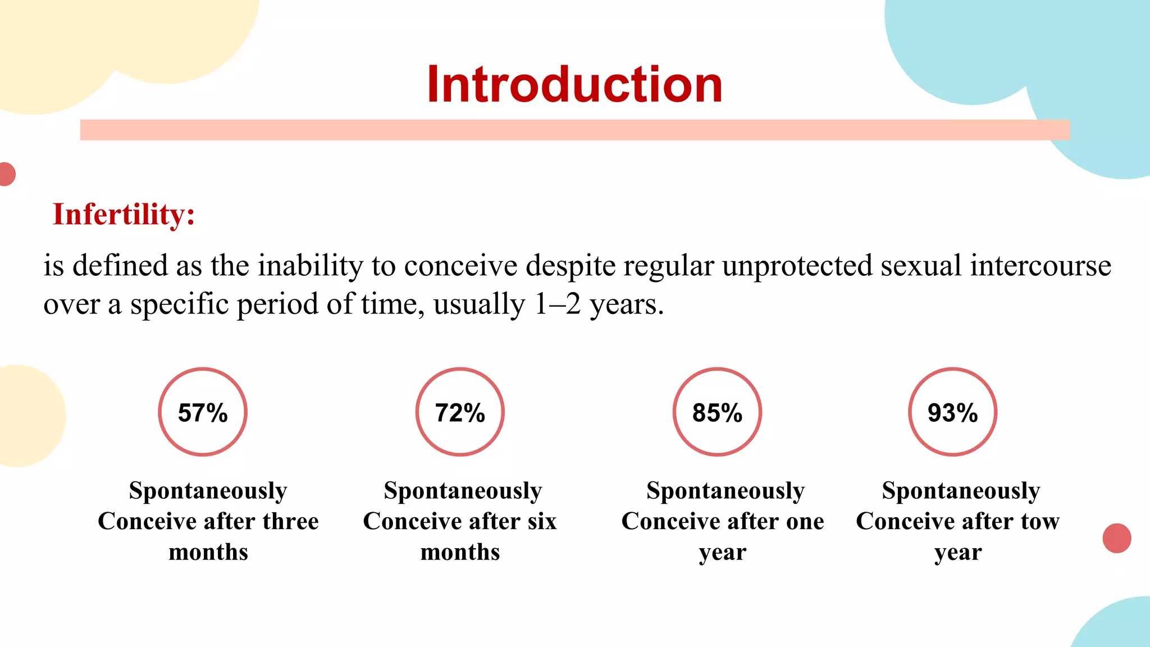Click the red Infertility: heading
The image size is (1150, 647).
[x=124, y=215]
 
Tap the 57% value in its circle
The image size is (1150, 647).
[x=203, y=413]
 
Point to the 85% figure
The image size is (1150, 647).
[x=717, y=413]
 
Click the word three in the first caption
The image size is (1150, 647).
[x=290, y=521]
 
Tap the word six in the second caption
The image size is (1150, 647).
[x=542, y=521]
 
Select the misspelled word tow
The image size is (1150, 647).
[x=1040, y=521]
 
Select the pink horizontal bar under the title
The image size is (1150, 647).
[x=574, y=130]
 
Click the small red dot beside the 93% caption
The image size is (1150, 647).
[x=1116, y=538]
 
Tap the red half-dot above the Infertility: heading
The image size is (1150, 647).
[x=7, y=174]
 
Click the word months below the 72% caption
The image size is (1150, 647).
[x=460, y=552]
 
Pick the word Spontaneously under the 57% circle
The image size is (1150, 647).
[x=208, y=490]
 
